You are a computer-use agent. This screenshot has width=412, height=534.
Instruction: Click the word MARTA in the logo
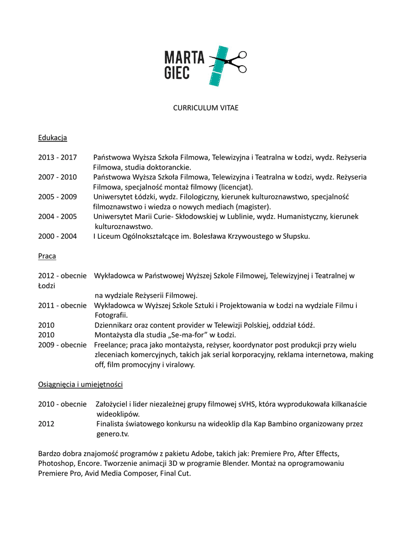[x=184, y=56]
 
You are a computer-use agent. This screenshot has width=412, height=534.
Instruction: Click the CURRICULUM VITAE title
[x=206, y=108]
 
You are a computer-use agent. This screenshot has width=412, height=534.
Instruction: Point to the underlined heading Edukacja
[x=53, y=138]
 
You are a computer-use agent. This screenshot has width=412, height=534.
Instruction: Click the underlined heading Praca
[x=47, y=256]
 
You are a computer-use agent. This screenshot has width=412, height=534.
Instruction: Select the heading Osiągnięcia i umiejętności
[x=80, y=384]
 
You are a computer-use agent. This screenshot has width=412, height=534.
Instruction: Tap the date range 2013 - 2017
[x=57, y=157]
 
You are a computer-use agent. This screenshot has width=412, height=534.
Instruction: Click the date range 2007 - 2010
[x=57, y=177]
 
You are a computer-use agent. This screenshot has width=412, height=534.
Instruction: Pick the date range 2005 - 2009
[x=57, y=197]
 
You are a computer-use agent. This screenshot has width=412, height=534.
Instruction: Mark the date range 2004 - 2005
[x=57, y=216]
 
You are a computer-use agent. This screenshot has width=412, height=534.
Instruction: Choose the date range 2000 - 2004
[x=57, y=236]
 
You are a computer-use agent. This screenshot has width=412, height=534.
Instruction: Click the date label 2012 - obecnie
[x=62, y=276]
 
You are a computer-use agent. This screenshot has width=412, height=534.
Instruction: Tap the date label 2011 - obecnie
[x=62, y=306]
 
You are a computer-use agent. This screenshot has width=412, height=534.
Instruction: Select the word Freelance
[x=110, y=345]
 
